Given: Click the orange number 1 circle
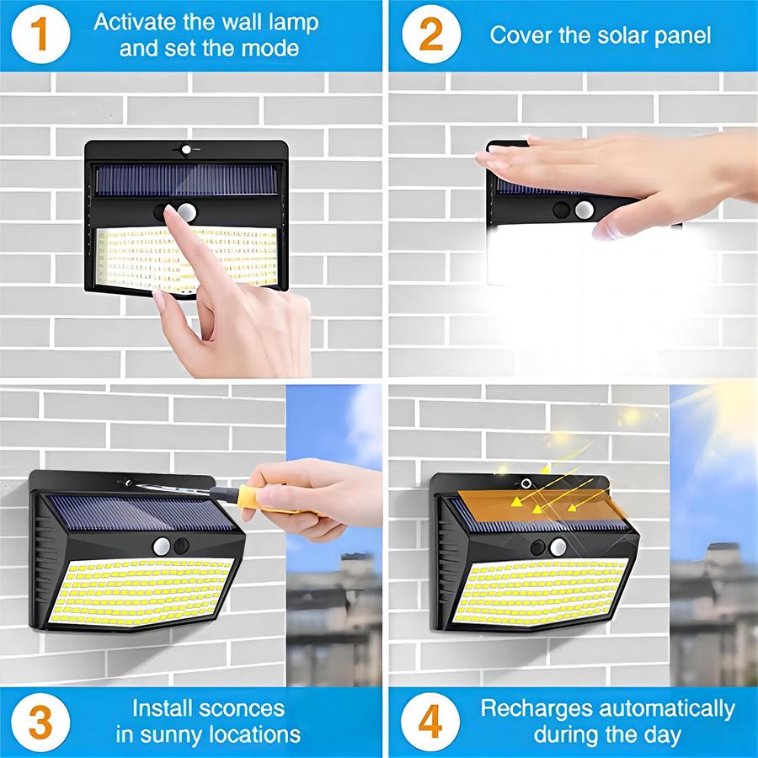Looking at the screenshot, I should click(40, 35).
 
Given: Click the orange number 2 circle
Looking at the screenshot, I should click(430, 35).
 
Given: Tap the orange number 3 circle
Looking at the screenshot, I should click(40, 721).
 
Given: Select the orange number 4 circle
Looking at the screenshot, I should click(430, 721).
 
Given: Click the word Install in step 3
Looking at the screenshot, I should click(164, 708).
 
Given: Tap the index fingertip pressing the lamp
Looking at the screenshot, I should click(172, 216).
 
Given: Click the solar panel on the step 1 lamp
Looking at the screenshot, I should click(185, 180).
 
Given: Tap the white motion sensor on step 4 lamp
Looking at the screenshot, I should click(558, 547).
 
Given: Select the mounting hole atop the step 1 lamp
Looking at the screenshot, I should click(185, 150).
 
